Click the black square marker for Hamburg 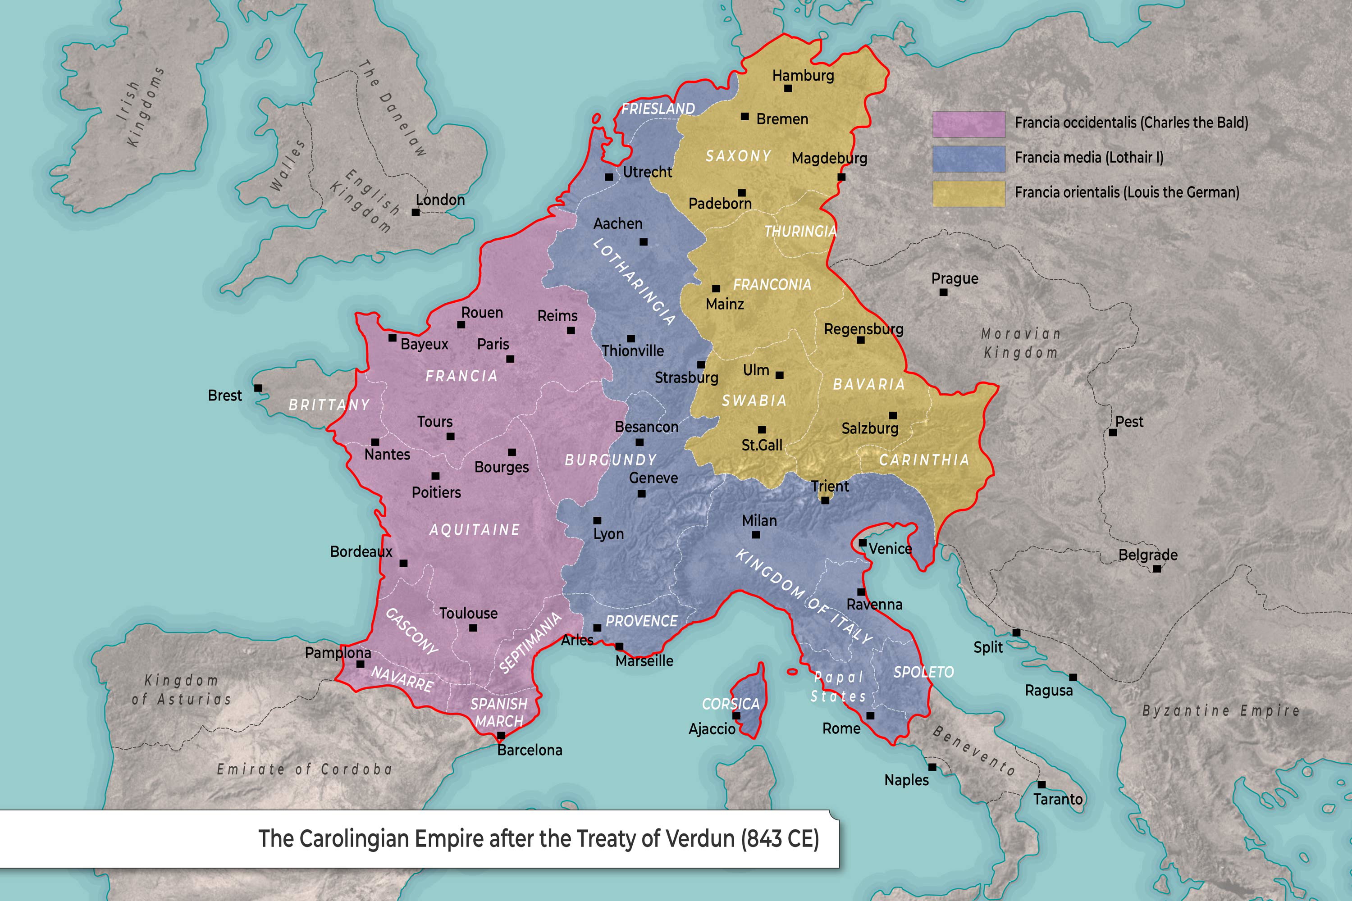coord(788,88)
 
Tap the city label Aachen coord(618,223)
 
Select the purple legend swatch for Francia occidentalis coord(968,124)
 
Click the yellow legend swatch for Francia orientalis coord(968,194)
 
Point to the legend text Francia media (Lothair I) coord(1089,157)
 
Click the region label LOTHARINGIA coord(634,282)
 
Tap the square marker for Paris coord(510,359)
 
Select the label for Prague coord(955,279)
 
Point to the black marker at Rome coord(870,716)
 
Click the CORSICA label coord(731,704)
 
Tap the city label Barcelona coord(530,750)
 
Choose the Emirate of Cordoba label coord(304,769)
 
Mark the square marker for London coord(416,213)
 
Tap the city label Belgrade coord(1148,555)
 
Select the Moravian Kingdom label coord(1021,343)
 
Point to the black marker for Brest coord(258,388)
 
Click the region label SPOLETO coord(923,672)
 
